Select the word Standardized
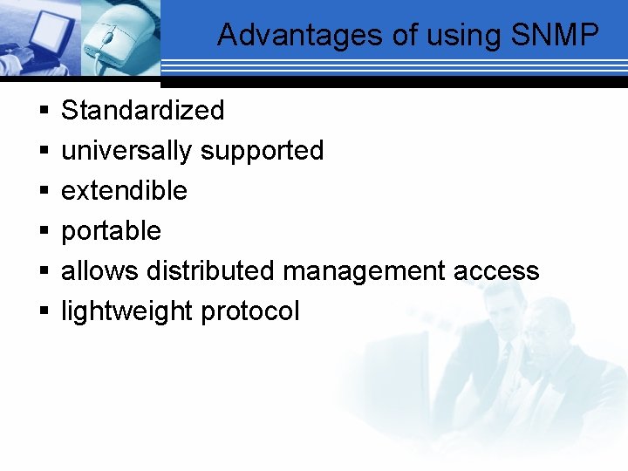pyautogui.click(x=143, y=111)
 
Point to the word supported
pyautogui.click(x=262, y=151)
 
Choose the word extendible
pyautogui.click(x=124, y=191)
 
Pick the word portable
pyautogui.click(x=111, y=231)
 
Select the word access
pyautogui.click(x=496, y=271)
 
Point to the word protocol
pyautogui.click(x=250, y=311)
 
